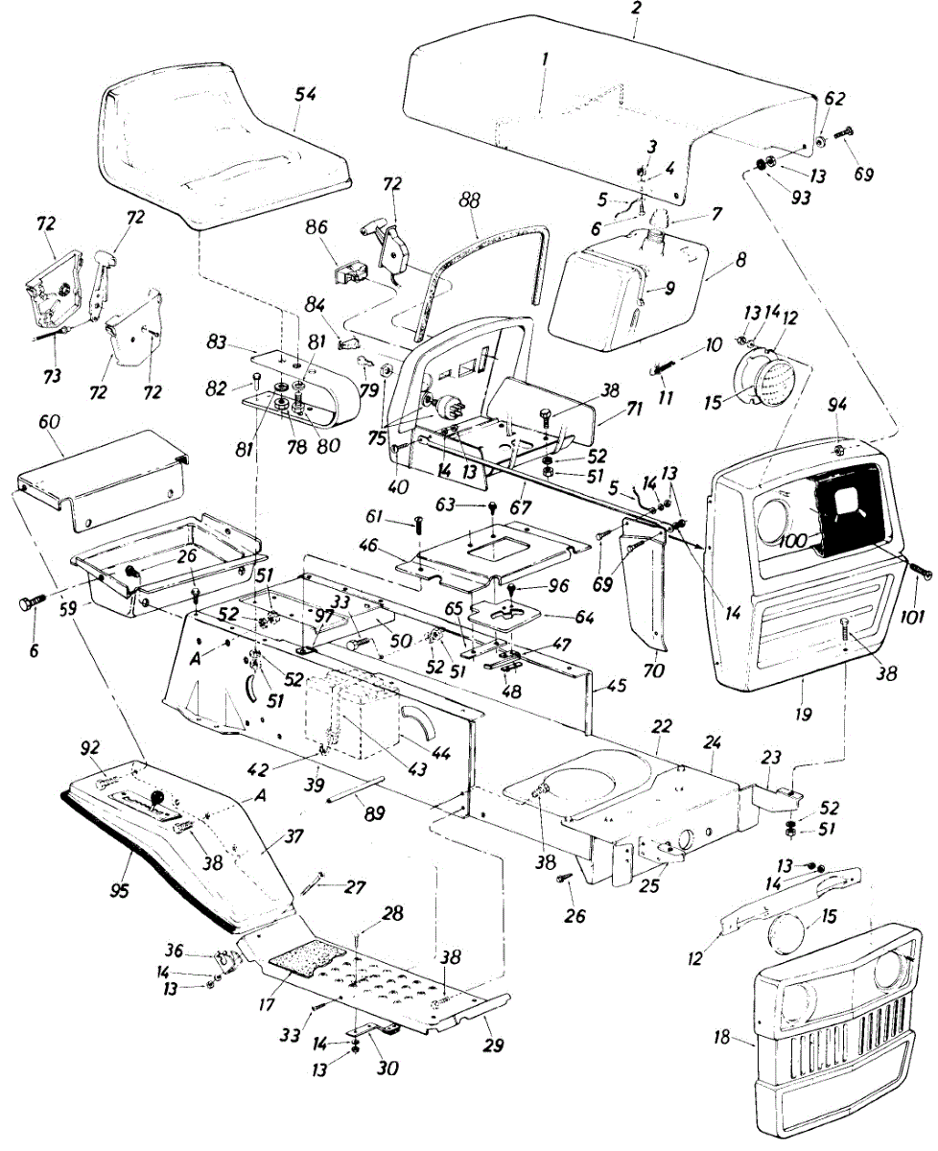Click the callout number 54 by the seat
306,94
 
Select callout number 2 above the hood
637,8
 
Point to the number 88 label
469,202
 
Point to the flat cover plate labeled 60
106,480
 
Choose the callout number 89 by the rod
375,813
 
